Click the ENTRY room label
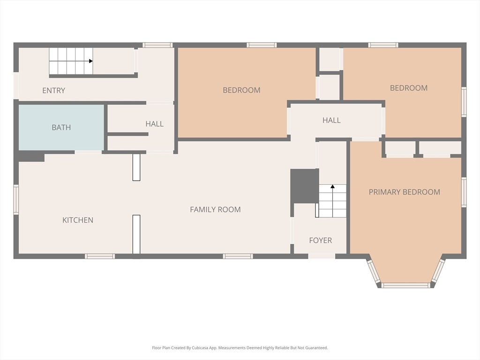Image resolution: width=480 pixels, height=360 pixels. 53,90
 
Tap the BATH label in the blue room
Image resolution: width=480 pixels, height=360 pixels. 61,127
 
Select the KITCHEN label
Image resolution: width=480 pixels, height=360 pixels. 78,220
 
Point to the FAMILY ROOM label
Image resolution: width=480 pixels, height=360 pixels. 215,210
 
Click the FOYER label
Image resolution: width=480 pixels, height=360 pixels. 321,240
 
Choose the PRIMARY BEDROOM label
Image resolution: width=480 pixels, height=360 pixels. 405,192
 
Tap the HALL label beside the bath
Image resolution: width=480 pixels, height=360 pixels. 154,124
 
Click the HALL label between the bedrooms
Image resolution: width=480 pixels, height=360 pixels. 331,120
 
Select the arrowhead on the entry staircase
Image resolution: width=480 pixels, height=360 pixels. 91,61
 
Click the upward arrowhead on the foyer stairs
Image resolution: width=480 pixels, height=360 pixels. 332,186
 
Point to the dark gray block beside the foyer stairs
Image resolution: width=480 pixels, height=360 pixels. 305,186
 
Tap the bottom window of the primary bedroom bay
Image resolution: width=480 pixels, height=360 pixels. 405,285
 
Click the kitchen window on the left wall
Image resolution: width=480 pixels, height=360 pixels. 16,199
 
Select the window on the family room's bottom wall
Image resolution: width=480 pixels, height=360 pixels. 238,256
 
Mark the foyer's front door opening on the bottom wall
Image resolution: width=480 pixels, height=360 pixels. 322,256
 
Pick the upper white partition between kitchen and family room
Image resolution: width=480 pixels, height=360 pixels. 136,167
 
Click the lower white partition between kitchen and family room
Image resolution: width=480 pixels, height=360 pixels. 136,234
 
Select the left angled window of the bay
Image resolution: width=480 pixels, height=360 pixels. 374,271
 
